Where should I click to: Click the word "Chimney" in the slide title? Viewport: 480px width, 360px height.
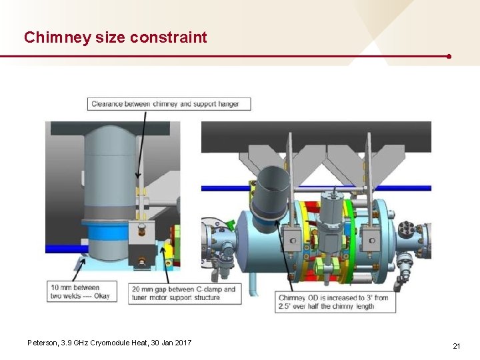[x=57, y=37]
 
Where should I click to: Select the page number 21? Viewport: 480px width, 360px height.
[x=456, y=346]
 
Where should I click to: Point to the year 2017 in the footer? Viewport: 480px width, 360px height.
[x=182, y=343]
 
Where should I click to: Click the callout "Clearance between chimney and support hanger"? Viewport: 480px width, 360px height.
[x=169, y=103]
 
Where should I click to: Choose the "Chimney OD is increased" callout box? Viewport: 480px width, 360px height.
[x=335, y=302]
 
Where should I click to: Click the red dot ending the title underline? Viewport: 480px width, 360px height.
[x=449, y=57]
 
